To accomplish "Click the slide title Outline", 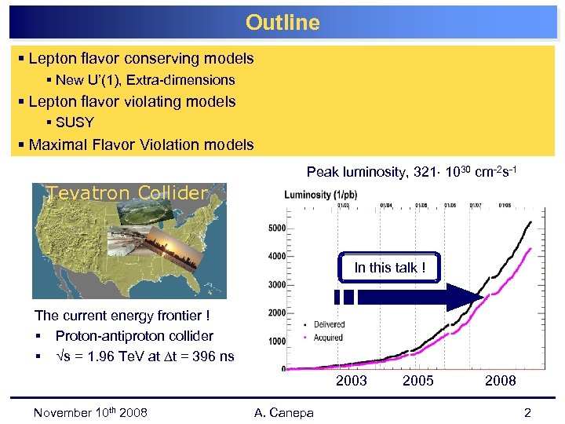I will click(x=282, y=23).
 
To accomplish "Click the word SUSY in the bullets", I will click(x=75, y=122).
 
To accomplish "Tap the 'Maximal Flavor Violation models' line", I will click(x=141, y=144).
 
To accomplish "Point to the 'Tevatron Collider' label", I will click(x=126, y=192).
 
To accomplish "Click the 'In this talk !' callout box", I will click(x=389, y=268).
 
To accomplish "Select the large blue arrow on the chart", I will click(x=416, y=298).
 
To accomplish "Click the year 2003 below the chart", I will click(x=351, y=381).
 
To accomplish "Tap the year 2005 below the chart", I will click(x=417, y=381).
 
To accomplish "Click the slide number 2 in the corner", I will click(x=527, y=413).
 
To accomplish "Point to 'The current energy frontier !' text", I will click(x=122, y=316).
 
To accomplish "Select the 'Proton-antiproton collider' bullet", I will click(x=134, y=336).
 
